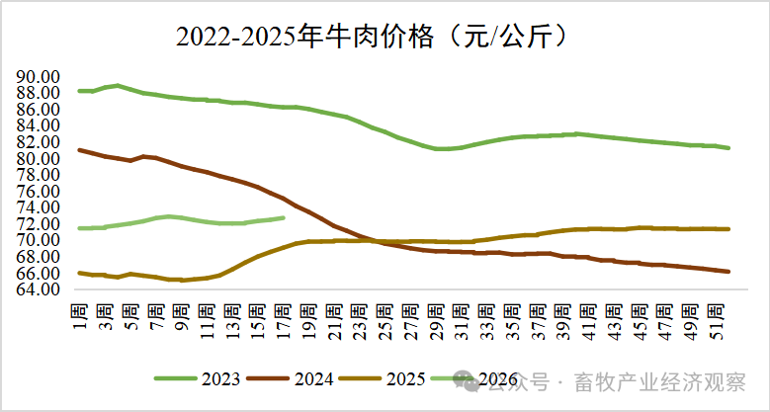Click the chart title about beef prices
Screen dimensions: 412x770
pyautogui.click(x=373, y=37)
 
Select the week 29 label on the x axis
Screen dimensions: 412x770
pyautogui.click(x=436, y=320)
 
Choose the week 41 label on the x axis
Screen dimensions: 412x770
pyautogui.click(x=589, y=320)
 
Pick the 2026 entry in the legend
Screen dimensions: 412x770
pyautogui.click(x=484, y=378)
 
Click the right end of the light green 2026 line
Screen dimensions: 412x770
pyautogui.click(x=284, y=217)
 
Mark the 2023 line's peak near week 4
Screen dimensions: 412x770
pyautogui.click(x=118, y=85)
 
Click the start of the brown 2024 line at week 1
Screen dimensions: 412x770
pyautogui.click(x=79, y=150)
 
